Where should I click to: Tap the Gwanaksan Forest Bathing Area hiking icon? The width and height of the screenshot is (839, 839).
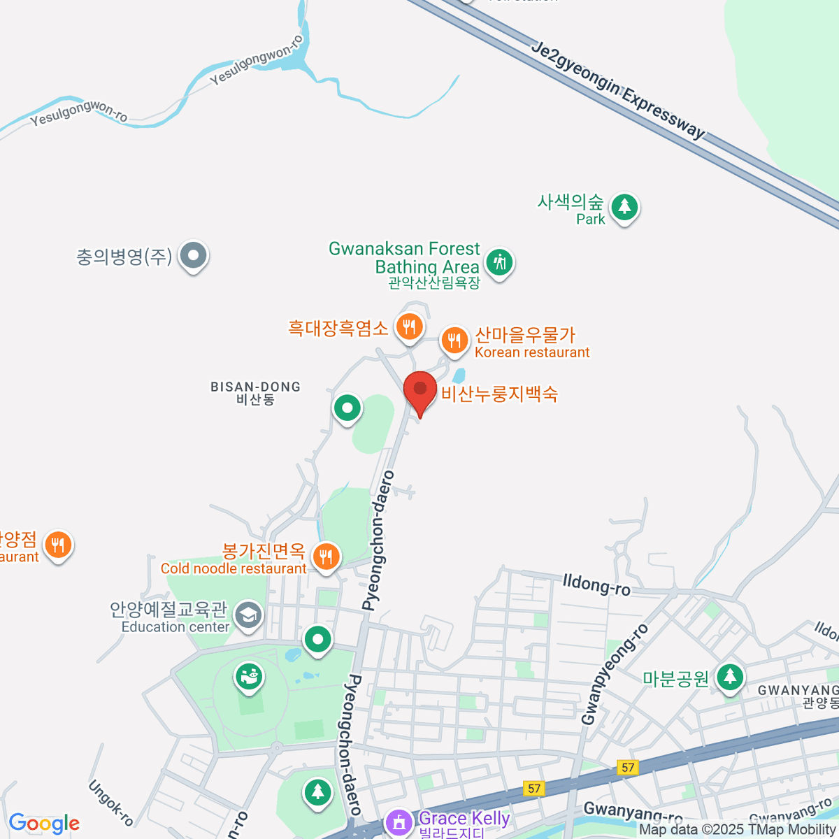pos(499,263)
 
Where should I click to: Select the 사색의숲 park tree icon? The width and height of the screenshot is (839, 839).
pos(624,207)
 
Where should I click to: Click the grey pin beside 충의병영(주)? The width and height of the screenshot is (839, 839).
pos(192,256)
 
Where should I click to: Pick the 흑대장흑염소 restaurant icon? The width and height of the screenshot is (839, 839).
pos(409,326)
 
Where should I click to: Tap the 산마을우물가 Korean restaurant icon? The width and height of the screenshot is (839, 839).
pos(454,340)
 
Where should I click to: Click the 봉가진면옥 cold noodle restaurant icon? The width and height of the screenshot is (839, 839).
pos(326,557)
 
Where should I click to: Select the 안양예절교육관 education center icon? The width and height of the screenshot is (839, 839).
pos(248,615)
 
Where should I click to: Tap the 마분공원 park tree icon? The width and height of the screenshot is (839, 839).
pos(730,677)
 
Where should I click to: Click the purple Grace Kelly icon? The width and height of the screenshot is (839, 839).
pos(399,822)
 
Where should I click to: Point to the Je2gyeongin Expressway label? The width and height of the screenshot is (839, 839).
pos(618,90)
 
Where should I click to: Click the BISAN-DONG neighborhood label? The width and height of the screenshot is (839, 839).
pos(255,387)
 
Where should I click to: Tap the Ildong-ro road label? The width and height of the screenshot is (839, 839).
pos(596,584)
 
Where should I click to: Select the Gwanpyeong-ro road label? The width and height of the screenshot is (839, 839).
pos(615,674)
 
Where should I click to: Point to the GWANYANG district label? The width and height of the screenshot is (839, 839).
pos(798,691)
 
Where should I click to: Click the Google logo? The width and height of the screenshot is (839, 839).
pos(44,824)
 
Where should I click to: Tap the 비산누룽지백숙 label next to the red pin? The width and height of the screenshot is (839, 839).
pos(499,394)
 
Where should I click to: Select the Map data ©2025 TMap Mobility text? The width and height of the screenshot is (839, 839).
pos(738,830)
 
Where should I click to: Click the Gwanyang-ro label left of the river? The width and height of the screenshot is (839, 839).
pos(633,812)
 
